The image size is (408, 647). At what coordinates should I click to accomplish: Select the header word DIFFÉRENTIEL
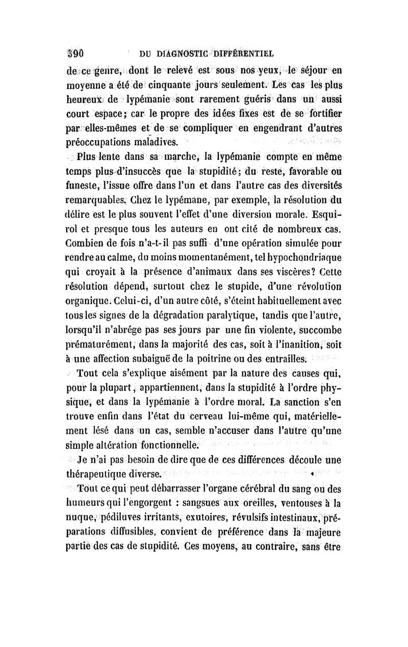[x=244, y=52]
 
